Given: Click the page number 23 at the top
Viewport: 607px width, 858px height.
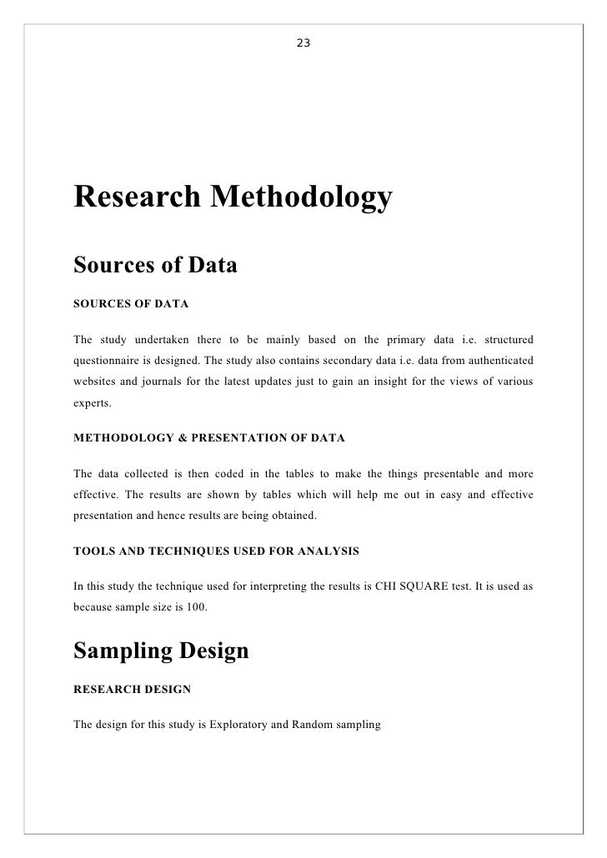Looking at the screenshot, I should click(x=303, y=42).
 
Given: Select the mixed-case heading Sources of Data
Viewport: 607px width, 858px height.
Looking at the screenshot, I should click(x=156, y=266).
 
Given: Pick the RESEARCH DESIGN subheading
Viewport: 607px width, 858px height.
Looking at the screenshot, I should click(x=132, y=690).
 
